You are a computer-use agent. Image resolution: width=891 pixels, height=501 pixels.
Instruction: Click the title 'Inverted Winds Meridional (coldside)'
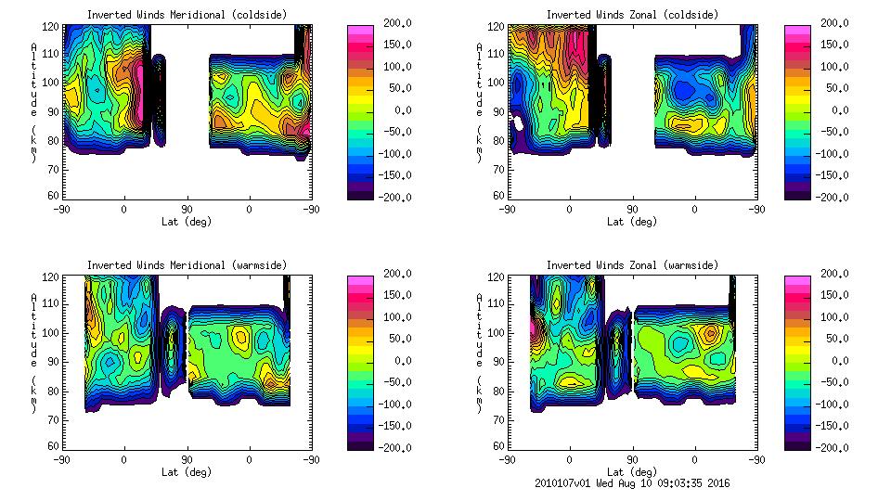tap(187, 15)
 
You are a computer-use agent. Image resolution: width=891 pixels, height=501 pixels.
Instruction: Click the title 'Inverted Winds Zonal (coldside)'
tap(632, 15)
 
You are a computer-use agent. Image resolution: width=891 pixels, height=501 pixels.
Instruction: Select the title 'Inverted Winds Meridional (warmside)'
tap(187, 265)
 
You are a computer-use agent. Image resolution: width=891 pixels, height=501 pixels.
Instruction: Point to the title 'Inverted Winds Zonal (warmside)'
tap(632, 265)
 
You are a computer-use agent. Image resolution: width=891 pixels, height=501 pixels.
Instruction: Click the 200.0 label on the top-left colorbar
tap(394, 22)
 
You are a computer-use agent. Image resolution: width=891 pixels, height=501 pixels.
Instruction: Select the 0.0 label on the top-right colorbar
tap(834, 109)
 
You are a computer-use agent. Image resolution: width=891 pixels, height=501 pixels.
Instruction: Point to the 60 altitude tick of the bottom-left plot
tap(54, 445)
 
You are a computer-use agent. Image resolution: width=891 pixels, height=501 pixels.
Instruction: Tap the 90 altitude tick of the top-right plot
tap(498, 111)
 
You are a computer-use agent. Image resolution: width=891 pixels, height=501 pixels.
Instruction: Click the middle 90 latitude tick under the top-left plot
tap(187, 209)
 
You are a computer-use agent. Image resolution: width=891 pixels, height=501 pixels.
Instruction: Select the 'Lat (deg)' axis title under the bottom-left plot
tap(187, 471)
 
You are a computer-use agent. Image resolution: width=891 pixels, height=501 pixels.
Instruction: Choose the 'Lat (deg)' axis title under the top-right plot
tap(632, 221)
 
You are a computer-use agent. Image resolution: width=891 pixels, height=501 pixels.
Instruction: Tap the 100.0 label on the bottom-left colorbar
tap(394, 317)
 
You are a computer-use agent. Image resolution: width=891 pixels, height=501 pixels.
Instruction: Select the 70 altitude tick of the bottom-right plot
tap(498, 417)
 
